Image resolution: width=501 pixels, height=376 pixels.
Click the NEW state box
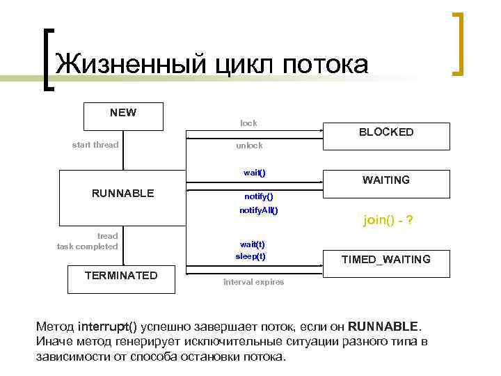coord(123,116)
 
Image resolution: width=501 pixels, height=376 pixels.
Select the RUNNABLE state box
coord(123,193)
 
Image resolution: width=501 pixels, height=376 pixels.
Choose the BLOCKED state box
coord(385,132)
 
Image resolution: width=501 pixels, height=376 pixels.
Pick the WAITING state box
coord(385,180)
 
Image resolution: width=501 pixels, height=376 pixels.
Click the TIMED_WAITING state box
coord(385,259)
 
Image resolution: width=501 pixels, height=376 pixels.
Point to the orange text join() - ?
coord(388,221)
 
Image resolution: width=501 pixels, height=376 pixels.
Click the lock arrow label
coord(248,123)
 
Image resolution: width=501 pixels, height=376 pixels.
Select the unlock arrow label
coord(249,146)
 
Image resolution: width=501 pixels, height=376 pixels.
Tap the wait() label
coord(254,172)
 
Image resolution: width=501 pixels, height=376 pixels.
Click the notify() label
coord(258,196)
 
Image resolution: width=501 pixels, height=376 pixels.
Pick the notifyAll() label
coord(258,210)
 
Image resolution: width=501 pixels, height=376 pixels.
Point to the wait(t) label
coord(252,244)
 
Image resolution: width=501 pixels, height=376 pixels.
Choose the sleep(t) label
coord(250,256)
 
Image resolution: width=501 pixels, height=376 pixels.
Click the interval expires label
coord(253,282)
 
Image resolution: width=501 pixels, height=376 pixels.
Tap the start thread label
coord(95,145)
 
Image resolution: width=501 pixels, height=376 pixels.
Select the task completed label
coord(88,246)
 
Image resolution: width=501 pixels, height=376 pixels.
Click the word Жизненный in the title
coord(131,64)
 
